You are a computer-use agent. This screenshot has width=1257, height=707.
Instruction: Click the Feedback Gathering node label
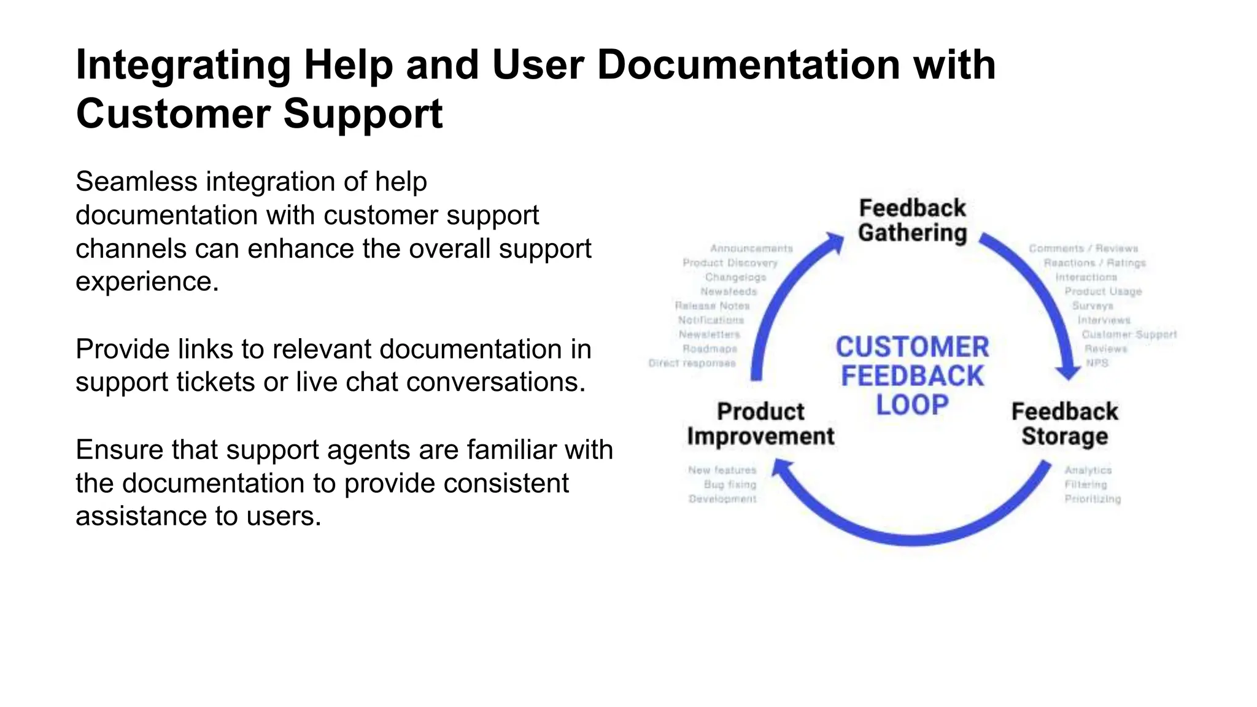[x=912, y=220]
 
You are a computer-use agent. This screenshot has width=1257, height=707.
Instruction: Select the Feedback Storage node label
[x=1064, y=423]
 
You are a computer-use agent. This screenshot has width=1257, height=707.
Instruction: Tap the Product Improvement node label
[x=760, y=423]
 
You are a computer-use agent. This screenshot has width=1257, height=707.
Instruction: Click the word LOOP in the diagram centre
[x=912, y=405]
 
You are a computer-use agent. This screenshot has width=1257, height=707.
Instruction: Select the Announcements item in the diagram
[x=751, y=249]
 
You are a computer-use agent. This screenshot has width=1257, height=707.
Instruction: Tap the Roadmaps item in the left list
[x=710, y=349]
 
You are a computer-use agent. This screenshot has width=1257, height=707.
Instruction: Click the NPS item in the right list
[x=1097, y=363]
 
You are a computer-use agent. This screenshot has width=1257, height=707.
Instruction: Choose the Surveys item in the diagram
[x=1093, y=306]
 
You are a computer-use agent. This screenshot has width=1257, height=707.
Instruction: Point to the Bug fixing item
[x=730, y=484]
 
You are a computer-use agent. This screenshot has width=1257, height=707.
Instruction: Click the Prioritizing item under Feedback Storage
[x=1093, y=499]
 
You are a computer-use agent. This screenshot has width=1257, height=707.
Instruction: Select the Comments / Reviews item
[x=1083, y=249]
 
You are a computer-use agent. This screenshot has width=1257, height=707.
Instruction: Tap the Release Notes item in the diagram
[x=712, y=306]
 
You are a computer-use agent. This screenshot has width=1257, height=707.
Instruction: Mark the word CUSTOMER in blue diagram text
[x=912, y=347]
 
